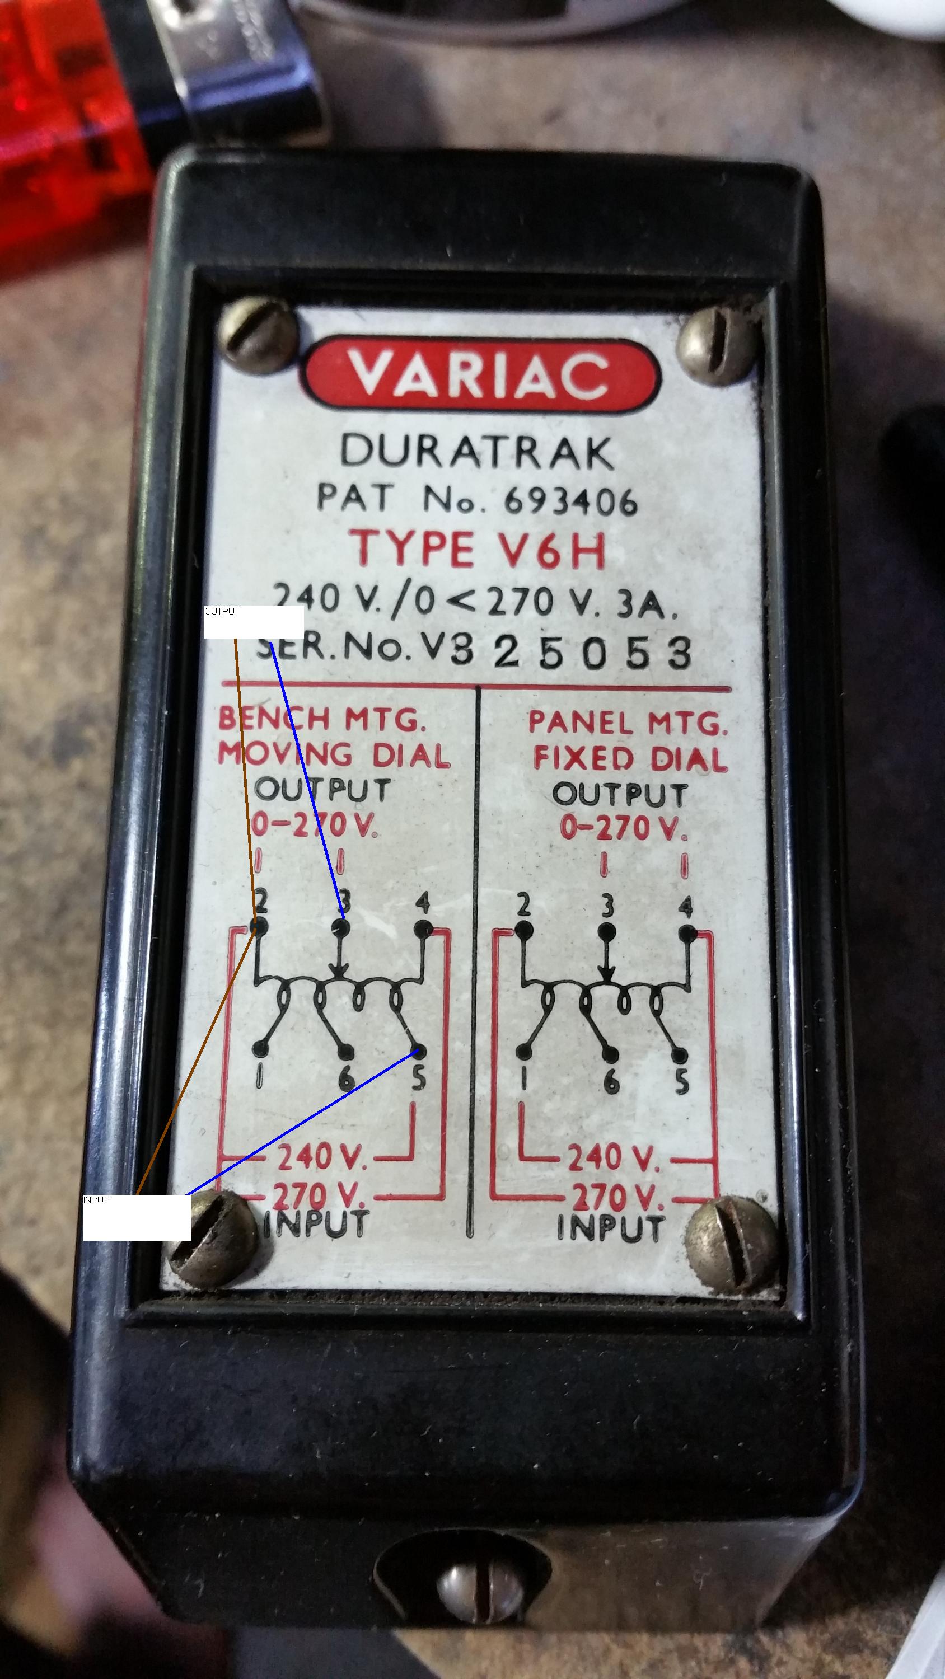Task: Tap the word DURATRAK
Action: [478, 452]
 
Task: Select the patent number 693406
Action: [570, 500]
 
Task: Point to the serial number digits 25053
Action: [592, 653]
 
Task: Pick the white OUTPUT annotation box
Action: [254, 622]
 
